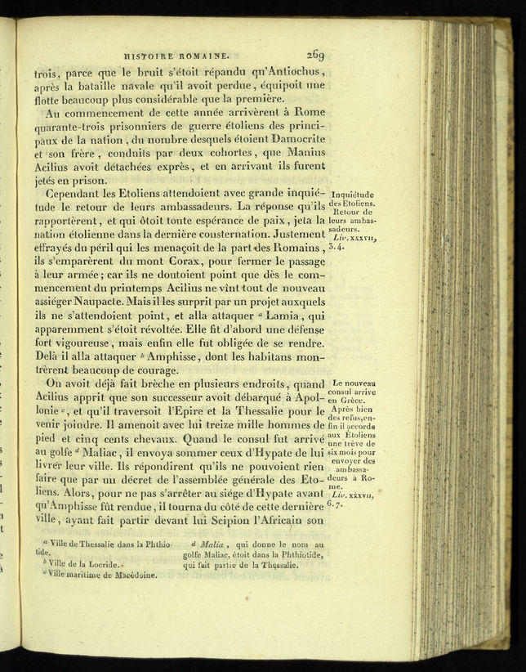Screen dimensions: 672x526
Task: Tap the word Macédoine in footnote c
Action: point(129,574)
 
